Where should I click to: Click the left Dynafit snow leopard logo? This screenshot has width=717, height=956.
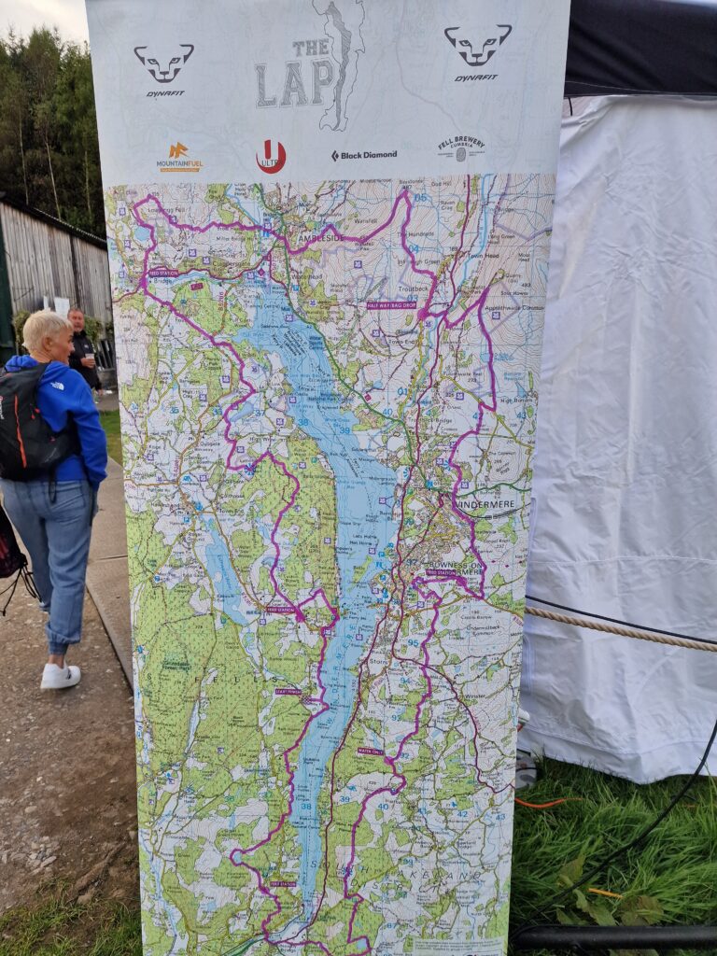click(163, 63)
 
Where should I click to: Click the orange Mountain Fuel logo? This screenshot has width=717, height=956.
click(178, 155)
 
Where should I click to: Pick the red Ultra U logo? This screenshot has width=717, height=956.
click(271, 156)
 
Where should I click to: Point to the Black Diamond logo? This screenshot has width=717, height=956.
click(364, 155)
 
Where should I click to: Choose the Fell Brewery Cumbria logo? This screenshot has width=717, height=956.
click(461, 148)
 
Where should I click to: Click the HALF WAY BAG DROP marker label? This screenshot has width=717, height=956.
click(391, 304)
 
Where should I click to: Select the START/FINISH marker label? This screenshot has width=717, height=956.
click(288, 692)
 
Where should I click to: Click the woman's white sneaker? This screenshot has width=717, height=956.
click(60, 676)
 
